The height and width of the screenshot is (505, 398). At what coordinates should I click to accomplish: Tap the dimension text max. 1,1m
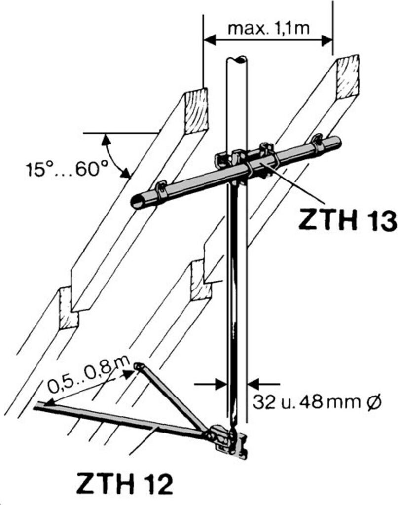pos(268,28)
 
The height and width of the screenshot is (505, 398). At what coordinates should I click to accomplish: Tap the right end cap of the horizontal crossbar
pos(337,143)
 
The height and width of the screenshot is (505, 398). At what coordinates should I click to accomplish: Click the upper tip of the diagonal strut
pos(139,366)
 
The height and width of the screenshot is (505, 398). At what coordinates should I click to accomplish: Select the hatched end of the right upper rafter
pos(348,76)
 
